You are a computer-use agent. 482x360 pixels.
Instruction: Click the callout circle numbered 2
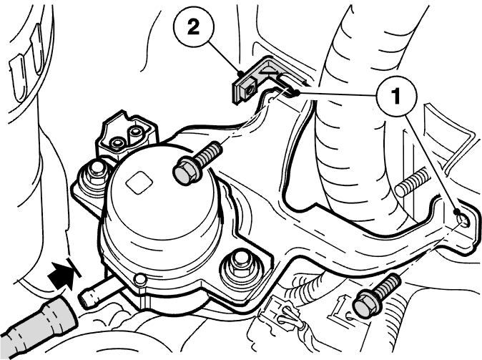(x=193, y=28)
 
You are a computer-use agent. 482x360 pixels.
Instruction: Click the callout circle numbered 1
(x=396, y=96)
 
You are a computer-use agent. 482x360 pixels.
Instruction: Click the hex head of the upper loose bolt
(x=184, y=173)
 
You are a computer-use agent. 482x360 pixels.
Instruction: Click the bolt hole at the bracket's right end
(x=462, y=220)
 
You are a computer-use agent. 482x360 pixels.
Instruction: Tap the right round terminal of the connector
(x=134, y=132)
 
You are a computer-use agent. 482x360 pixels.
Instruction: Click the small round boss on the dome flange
(x=139, y=279)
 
